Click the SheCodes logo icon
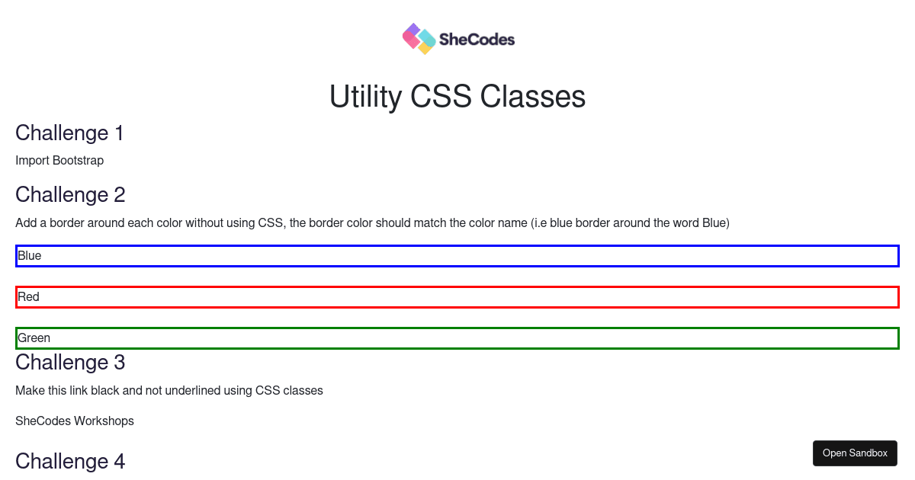click(x=419, y=39)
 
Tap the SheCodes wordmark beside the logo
click(x=477, y=40)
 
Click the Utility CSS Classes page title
click(x=457, y=96)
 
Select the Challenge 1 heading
click(x=69, y=133)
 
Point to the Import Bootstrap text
click(x=59, y=161)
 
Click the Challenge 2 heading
click(x=70, y=195)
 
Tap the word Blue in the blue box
click(x=30, y=255)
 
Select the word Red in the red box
click(x=29, y=296)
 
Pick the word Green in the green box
click(x=34, y=338)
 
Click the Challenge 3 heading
click(x=70, y=363)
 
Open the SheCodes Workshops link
click(x=75, y=421)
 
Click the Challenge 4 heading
click(x=70, y=461)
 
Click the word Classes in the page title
click(x=533, y=96)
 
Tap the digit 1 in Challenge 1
click(x=119, y=133)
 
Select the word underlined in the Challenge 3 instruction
click(x=193, y=391)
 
